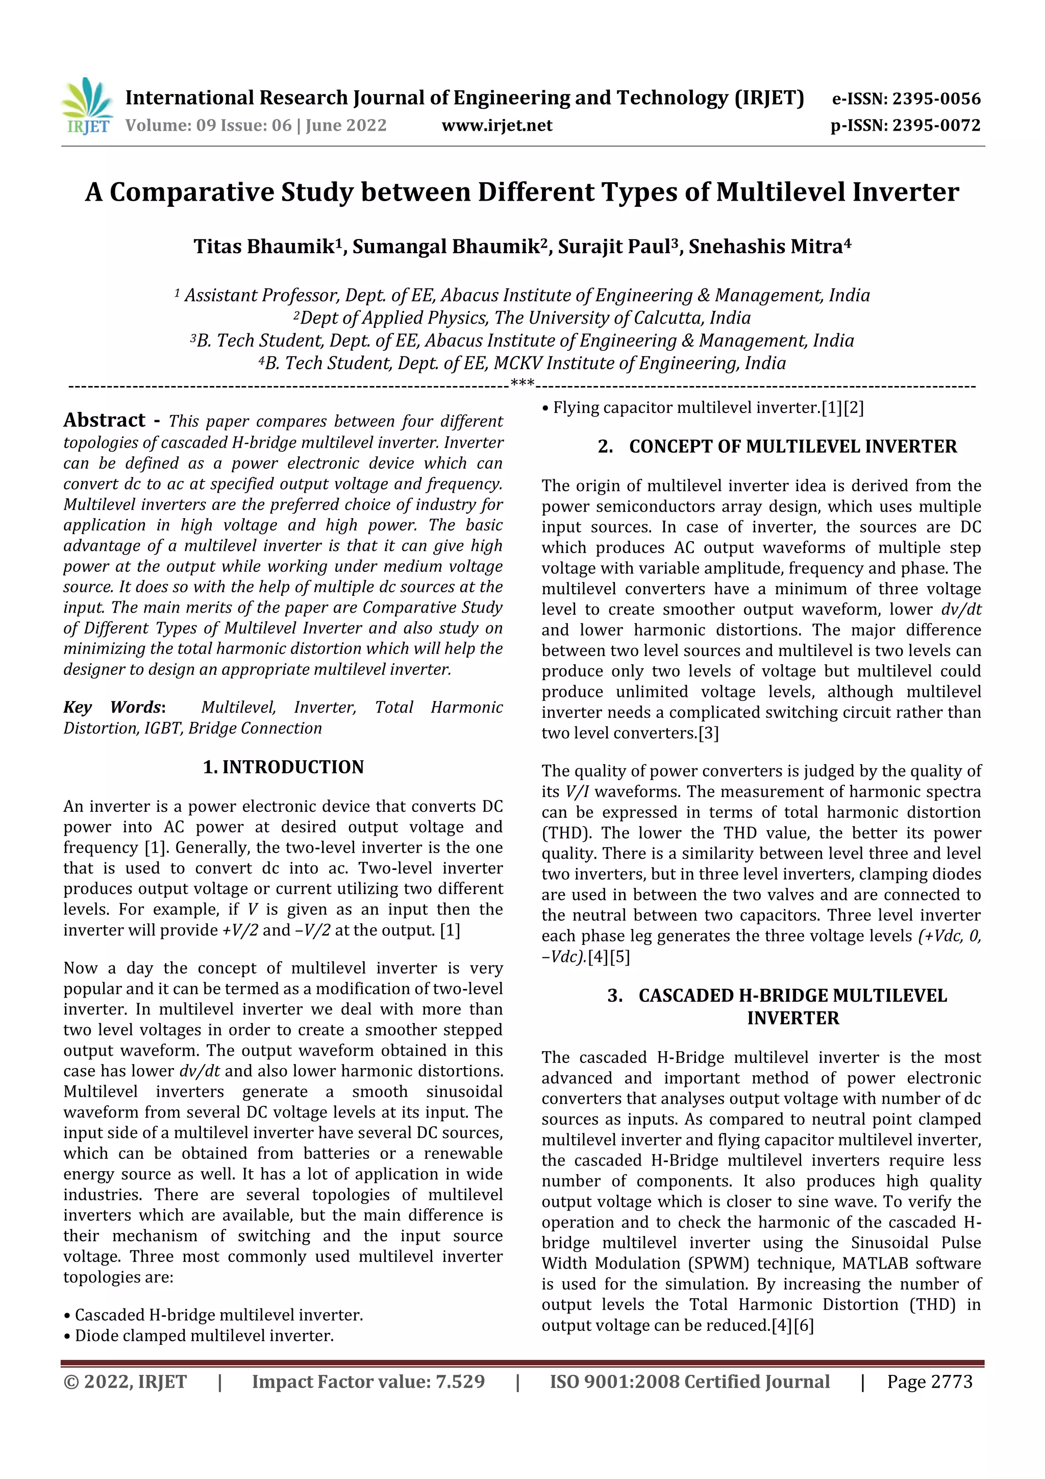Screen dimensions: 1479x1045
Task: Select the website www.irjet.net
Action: point(496,125)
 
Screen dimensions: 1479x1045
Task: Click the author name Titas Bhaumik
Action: point(264,247)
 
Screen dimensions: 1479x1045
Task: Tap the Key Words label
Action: point(114,707)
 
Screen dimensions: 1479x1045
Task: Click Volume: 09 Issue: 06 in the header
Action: point(208,125)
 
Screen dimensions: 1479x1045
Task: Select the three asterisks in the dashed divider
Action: point(522,384)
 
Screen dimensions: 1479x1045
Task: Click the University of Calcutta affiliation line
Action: point(522,318)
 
